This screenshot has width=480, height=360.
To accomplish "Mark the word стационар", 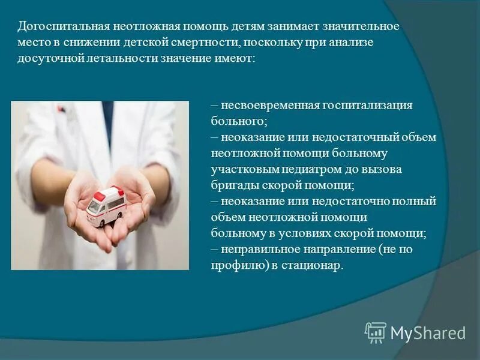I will pyautogui.click(x=317, y=265).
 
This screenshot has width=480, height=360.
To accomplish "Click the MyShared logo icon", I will pyautogui.click(x=376, y=332).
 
